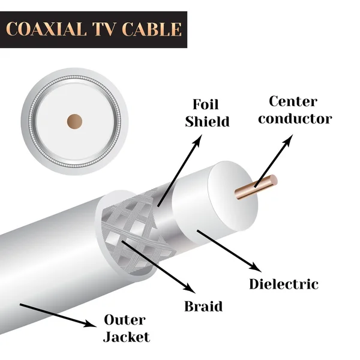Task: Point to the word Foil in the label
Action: tap(206, 103)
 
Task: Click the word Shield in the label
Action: tap(207, 122)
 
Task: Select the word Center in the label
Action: tap(293, 101)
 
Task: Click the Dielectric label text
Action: tap(284, 284)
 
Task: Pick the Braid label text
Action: tap(203, 306)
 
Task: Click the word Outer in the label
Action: tap(125, 319)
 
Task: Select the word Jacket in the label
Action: tap(125, 337)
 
